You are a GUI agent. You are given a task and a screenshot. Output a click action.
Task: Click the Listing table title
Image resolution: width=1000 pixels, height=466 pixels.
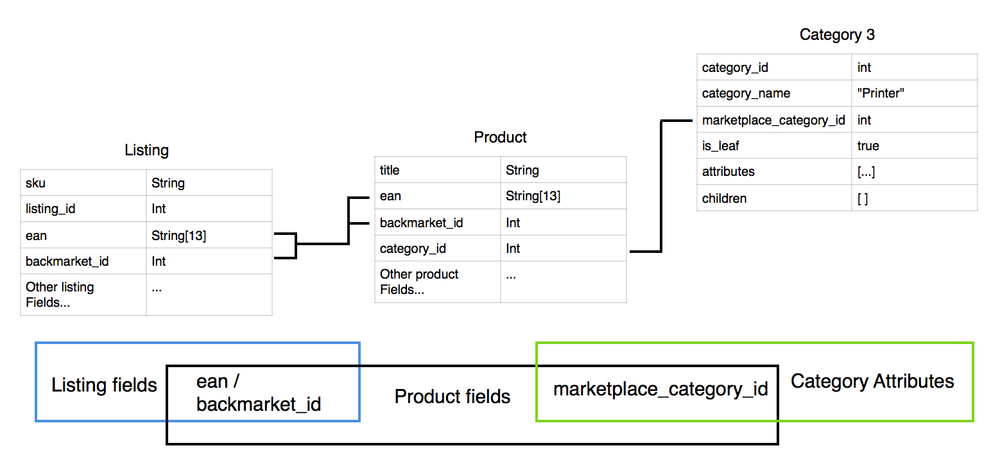tap(146, 150)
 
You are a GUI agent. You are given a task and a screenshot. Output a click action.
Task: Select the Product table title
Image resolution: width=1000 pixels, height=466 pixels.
tap(500, 137)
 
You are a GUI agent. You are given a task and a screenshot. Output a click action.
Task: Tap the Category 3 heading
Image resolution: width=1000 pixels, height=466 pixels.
tap(836, 35)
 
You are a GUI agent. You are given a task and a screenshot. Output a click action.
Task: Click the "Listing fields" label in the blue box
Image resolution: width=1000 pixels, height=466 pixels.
tap(104, 385)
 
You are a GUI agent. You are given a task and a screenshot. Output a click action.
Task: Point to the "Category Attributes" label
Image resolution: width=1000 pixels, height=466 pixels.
tap(872, 381)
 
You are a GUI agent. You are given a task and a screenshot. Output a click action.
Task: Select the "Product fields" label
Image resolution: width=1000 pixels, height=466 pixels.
tap(452, 397)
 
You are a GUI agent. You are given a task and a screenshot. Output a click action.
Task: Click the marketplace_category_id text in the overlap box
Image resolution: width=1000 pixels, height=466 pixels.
tap(660, 390)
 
